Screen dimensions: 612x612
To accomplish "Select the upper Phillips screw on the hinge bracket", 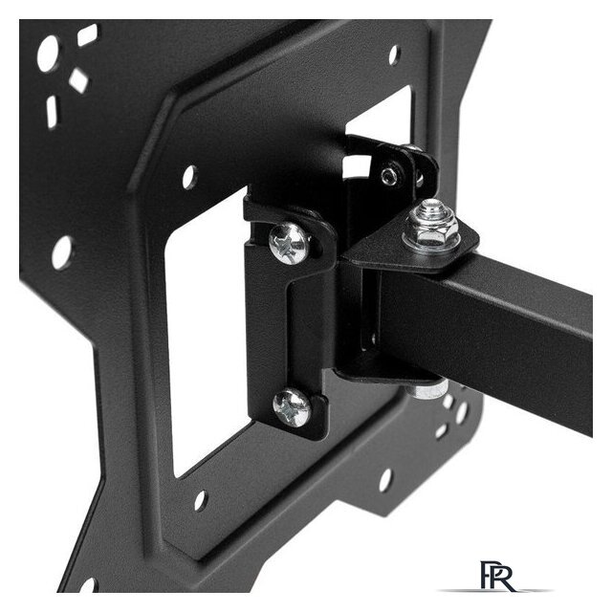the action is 290,243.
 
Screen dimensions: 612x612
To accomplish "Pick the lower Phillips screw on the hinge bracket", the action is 292,406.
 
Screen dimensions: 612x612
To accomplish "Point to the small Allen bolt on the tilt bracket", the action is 389,176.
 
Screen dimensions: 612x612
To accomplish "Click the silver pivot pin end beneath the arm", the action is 429,390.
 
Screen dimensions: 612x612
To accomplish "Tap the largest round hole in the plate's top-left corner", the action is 48,54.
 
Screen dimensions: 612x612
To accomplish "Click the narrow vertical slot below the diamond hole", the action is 53,112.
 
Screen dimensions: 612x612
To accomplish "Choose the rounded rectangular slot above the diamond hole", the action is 87,34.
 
